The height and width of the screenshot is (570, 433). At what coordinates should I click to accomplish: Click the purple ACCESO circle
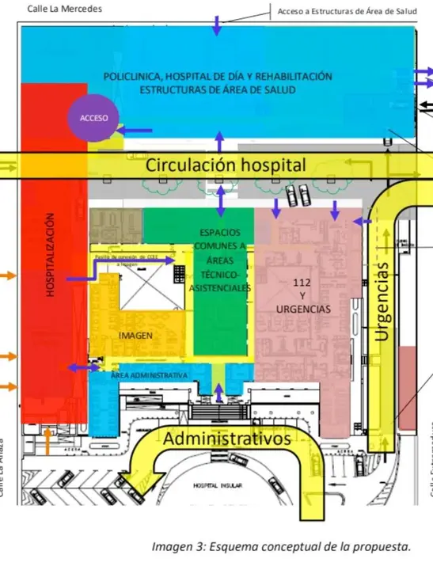[93, 118]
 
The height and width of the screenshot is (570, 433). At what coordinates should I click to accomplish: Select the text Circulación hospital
[226, 165]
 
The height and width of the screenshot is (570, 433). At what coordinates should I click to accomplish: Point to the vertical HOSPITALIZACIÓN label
[50, 255]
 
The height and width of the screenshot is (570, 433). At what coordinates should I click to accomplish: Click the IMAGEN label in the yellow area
[135, 336]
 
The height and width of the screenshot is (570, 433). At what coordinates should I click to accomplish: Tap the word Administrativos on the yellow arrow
[227, 438]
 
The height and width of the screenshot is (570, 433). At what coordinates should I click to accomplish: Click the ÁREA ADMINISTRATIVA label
[149, 374]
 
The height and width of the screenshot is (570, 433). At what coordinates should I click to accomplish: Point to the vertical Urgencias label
[382, 301]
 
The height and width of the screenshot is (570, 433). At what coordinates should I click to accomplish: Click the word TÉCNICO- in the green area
[219, 274]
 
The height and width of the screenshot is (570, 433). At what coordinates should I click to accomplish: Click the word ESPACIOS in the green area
[219, 233]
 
